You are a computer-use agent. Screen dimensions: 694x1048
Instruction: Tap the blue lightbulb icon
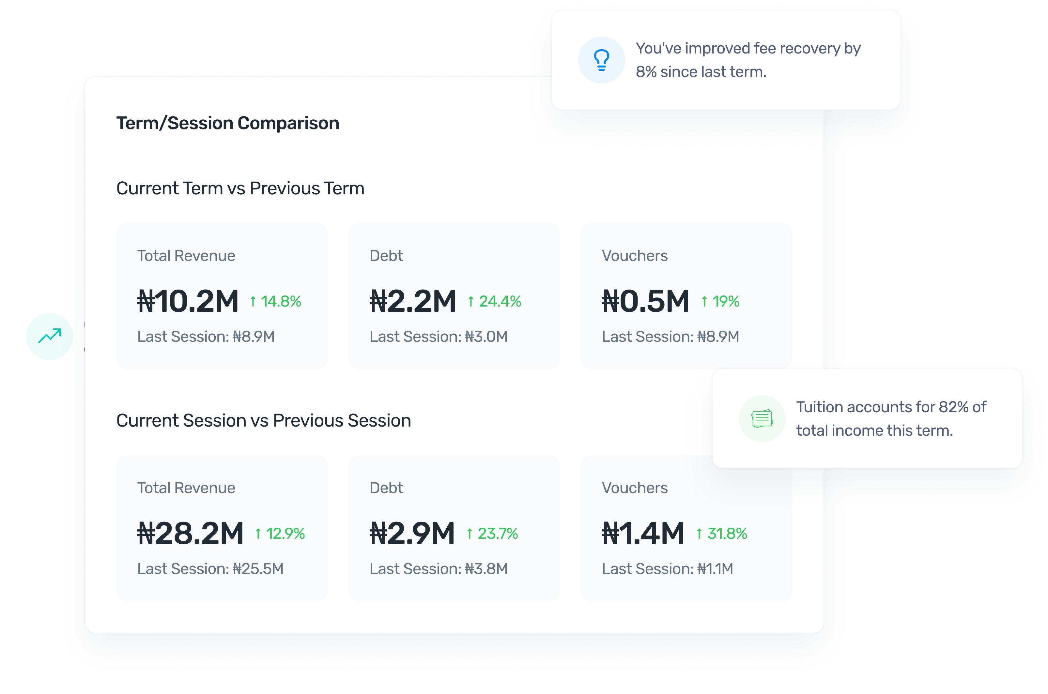click(601, 60)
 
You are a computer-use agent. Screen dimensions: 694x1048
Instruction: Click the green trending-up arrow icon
click(50, 336)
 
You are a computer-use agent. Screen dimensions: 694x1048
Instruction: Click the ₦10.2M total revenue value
click(188, 301)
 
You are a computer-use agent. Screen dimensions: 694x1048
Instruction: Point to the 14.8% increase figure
click(275, 301)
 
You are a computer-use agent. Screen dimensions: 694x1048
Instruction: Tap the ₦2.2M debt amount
click(413, 301)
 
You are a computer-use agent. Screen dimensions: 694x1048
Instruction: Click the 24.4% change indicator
click(495, 301)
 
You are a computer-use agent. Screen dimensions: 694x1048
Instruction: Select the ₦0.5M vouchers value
click(645, 301)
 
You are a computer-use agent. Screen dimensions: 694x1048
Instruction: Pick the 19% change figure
click(720, 301)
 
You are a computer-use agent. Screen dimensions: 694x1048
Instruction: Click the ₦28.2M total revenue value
click(191, 533)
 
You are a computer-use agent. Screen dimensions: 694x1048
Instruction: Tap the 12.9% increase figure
click(280, 533)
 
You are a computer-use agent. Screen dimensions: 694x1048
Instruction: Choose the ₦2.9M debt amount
click(412, 533)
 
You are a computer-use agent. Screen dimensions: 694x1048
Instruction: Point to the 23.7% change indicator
click(492, 533)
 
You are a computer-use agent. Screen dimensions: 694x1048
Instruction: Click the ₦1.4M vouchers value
click(643, 533)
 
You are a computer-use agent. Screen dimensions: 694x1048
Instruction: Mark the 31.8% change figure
click(722, 533)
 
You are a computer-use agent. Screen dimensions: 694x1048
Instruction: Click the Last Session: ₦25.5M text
click(210, 569)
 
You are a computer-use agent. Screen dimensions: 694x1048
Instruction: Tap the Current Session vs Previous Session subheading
click(263, 420)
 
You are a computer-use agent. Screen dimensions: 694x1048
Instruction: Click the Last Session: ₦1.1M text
click(667, 569)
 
